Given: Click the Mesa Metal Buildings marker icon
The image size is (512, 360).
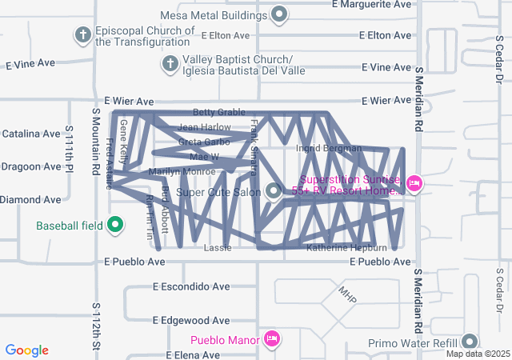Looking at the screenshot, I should coord(279,14).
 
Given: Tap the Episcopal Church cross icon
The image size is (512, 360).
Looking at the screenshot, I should coord(82,35).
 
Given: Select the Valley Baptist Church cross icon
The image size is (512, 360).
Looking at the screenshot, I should coord(170,63).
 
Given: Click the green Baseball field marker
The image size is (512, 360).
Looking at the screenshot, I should coord(114,225).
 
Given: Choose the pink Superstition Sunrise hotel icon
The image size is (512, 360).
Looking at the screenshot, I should coord(414,184).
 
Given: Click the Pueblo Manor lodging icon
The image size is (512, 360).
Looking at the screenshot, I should coord(272,339).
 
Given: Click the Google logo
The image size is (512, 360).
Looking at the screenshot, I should coord(27,350).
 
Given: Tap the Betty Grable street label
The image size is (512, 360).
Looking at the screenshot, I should coord(218,112).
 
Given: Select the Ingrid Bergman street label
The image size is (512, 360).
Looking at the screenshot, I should coord(329,148).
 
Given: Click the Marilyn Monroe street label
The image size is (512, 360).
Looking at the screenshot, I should coord(182,171).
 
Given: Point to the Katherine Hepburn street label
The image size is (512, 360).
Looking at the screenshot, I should coord(346,248).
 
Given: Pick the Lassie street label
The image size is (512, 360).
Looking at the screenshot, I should coord(218,248).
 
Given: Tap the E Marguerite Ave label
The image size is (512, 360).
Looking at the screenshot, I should coord(374,4).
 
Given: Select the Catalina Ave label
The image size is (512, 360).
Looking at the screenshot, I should coord(31,134).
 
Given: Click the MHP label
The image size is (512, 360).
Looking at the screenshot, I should coord(346,294).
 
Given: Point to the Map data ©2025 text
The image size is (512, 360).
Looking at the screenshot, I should coord(478,354).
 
